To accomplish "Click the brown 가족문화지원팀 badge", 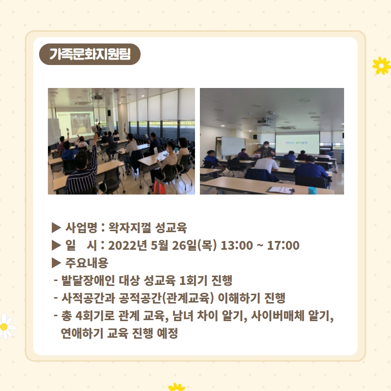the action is point(90,54).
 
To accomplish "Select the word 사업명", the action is point(81,227).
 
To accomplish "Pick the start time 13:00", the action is point(237,245).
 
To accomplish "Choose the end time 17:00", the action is point(283,245).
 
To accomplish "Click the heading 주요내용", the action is point(87,262).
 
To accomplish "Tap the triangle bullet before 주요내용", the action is point(56,263).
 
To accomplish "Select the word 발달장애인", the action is point(88,280).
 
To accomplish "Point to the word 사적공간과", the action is point(88,298).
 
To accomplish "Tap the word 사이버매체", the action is point(278,315).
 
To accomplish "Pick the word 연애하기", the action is point(82,333).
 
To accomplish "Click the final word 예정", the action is point(167,333).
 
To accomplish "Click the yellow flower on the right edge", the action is point(382,65).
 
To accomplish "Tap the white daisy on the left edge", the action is point(6,326).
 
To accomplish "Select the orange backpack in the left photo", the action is point(159,187).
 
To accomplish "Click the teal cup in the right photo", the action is point(312,190).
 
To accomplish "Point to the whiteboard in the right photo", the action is point(233,147).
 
